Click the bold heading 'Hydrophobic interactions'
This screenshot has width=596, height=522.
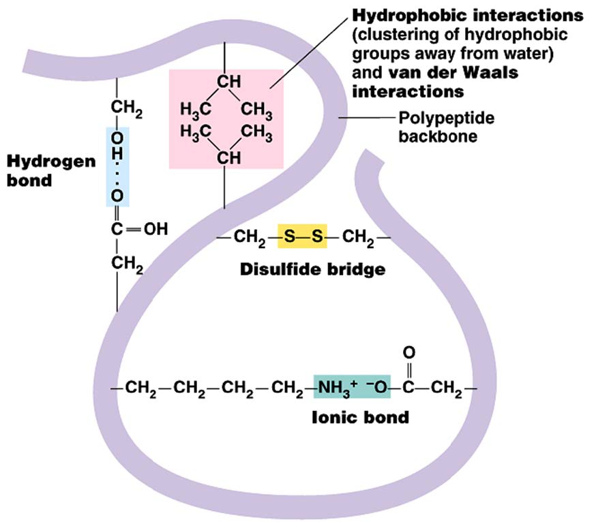(x=467, y=14)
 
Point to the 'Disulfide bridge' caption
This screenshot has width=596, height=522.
(x=312, y=268)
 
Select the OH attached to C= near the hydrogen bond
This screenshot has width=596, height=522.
(x=155, y=230)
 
